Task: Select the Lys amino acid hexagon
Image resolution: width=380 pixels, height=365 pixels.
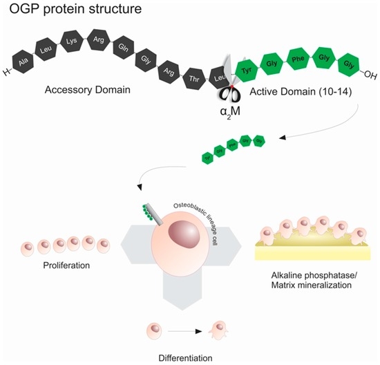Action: point(73,39)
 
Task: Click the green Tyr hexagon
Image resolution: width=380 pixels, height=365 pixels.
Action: point(248,71)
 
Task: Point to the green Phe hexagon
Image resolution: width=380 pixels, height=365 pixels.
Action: point(298,57)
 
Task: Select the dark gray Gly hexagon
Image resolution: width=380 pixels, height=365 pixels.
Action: point(145,61)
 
